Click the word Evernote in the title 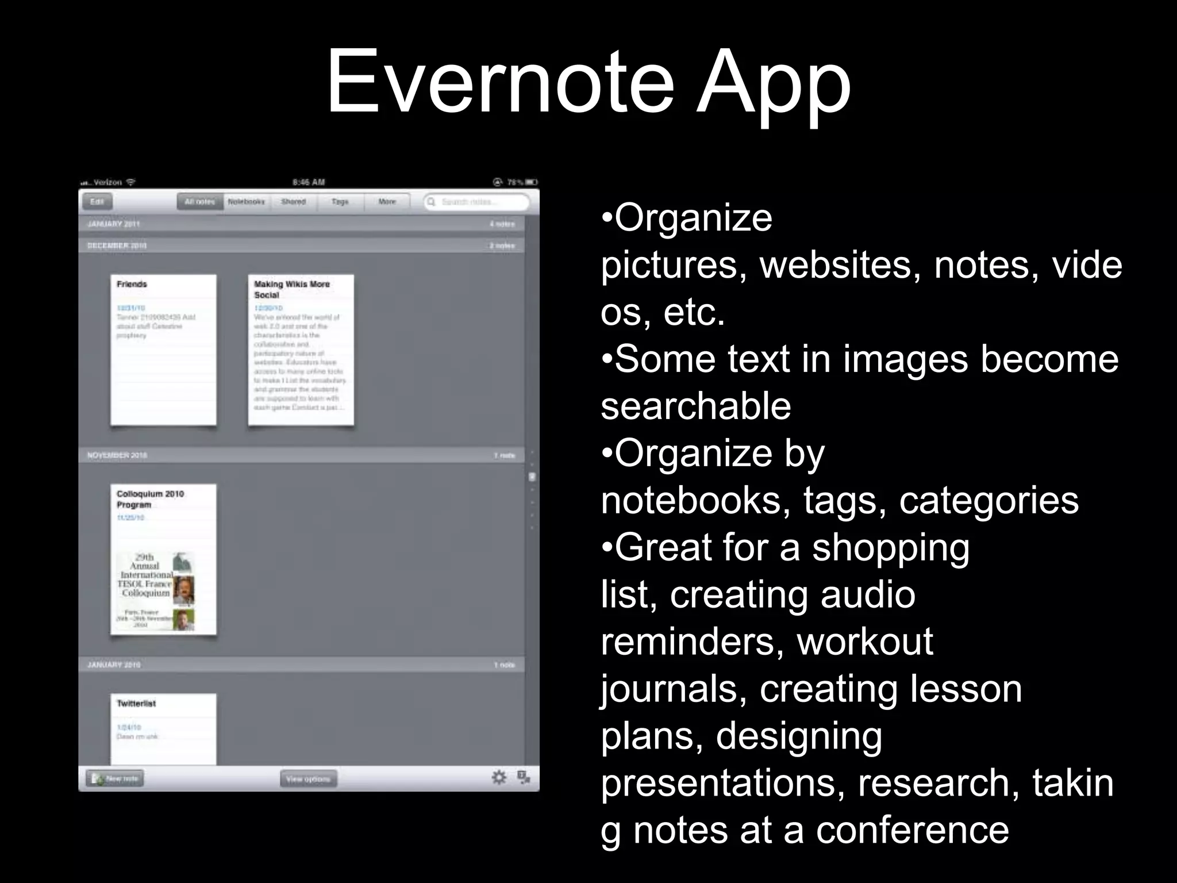[499, 82]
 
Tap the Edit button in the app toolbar [97, 202]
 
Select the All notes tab [199, 202]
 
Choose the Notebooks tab [246, 202]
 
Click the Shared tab [293, 202]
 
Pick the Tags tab [340, 202]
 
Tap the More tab [387, 202]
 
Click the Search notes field [476, 202]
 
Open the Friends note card [163, 350]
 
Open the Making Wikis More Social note [301, 350]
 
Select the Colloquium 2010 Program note [163, 559]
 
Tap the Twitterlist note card [163, 728]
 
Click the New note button [115, 778]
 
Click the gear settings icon [499, 778]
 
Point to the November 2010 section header [118, 455]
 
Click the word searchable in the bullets [696, 406]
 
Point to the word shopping [891, 547]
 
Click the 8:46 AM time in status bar [309, 182]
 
